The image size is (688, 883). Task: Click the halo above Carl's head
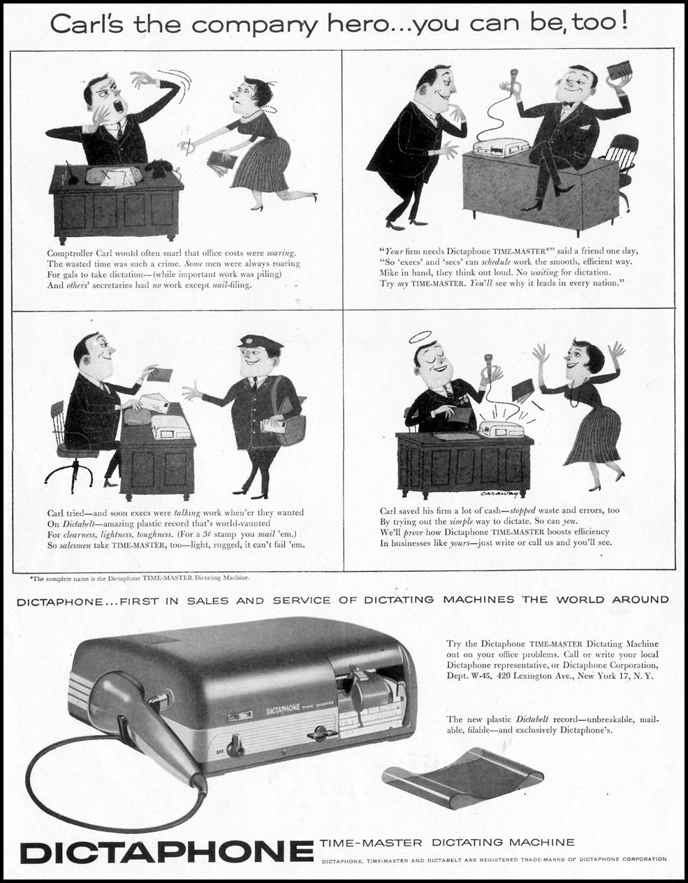[427, 337]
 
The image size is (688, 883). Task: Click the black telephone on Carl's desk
[161, 168]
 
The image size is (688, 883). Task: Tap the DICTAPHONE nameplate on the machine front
[284, 708]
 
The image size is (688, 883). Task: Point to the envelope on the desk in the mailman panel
[156, 403]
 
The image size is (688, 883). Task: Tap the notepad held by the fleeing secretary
[221, 162]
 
